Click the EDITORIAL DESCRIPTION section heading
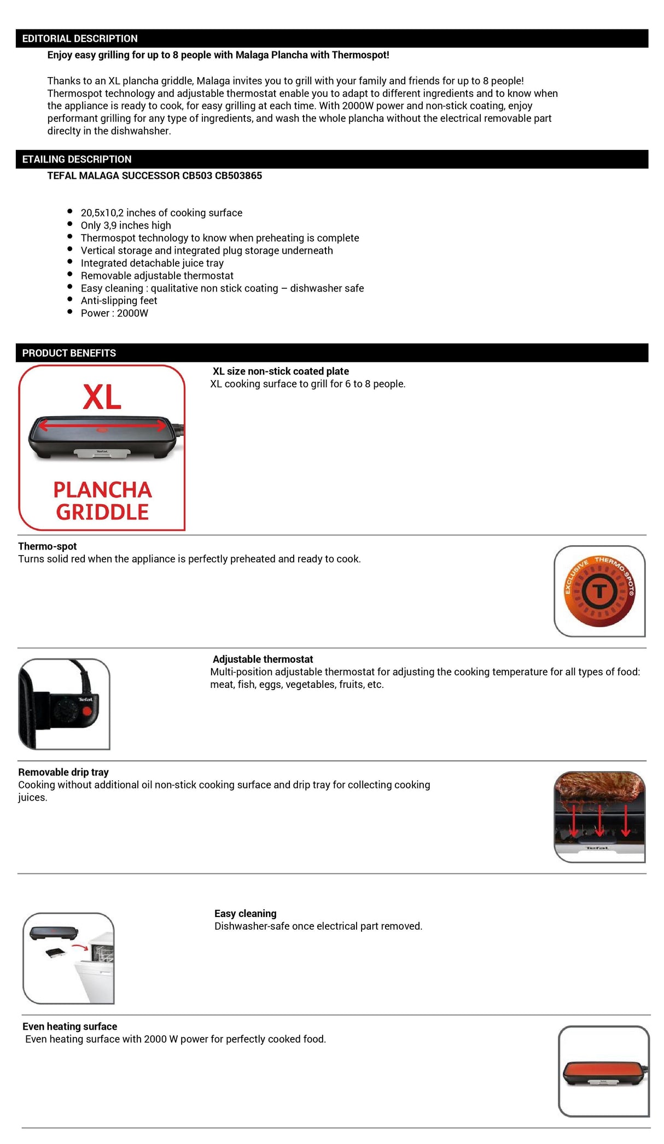coord(80,39)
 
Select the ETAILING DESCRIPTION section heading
coord(77,159)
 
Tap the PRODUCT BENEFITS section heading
coord(69,353)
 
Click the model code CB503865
coord(238,176)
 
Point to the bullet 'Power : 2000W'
coord(114,313)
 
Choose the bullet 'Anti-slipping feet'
coord(119,301)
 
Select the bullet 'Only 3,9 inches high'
coord(126,225)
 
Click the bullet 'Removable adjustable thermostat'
coord(157,276)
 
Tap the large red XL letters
coord(102,397)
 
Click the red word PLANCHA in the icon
coord(102,490)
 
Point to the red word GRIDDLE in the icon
coord(102,512)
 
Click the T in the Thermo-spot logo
coord(600,591)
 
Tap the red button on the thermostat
coord(86,711)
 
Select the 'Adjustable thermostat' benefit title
coord(263,659)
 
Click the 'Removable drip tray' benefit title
coord(63,772)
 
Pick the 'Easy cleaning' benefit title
coord(245,914)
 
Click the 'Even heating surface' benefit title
coord(69,1027)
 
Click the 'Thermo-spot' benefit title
coord(47,546)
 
